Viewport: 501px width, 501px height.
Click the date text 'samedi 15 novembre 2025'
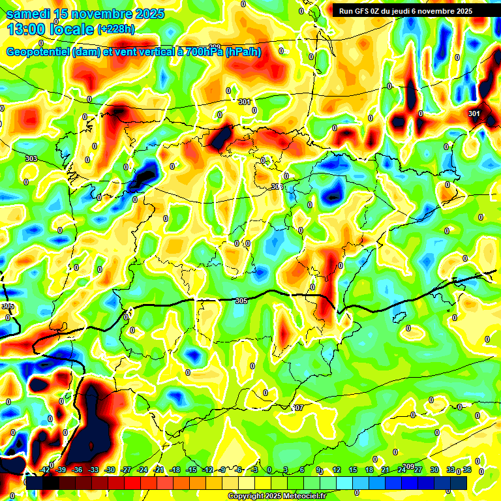pyautogui.click(x=85, y=14)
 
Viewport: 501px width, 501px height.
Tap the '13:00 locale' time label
pyautogui.click(x=51, y=29)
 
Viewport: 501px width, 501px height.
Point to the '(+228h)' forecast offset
pyautogui.click(x=116, y=29)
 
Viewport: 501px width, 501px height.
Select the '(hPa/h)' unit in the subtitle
pyautogui.click(x=243, y=52)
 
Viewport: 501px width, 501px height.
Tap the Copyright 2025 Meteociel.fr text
pyautogui.click(x=277, y=496)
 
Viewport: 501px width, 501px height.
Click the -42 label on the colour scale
pyautogui.click(x=44, y=470)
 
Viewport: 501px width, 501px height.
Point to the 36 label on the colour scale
pyautogui.click(x=466, y=470)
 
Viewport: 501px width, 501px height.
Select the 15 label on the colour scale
pyautogui.click(x=353, y=470)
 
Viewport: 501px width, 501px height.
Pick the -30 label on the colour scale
pyautogui.click(x=110, y=470)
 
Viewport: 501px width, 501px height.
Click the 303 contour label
pyautogui.click(x=31, y=159)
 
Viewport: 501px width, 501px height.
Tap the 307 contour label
pyautogui.click(x=297, y=408)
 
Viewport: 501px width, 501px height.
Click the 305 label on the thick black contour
pyautogui.click(x=241, y=300)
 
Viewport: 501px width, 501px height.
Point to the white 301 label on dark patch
pyautogui.click(x=474, y=114)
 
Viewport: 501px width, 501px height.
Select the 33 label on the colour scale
pyautogui.click(x=450, y=470)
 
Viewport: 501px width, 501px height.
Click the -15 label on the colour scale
pyautogui.click(x=191, y=470)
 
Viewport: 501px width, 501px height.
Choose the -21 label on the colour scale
pyautogui.click(x=159, y=470)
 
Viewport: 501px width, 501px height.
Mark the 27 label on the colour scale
pyautogui.click(x=417, y=470)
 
